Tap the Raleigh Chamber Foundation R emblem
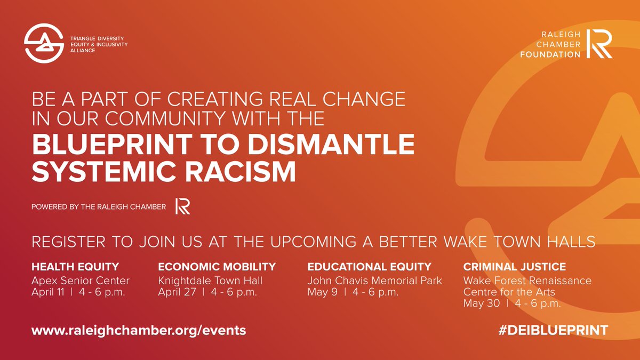pyautogui.click(x=599, y=44)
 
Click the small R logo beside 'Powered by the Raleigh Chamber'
pyautogui.click(x=183, y=206)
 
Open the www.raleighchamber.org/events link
pyautogui.click(x=139, y=330)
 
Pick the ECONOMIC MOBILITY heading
pyautogui.click(x=217, y=267)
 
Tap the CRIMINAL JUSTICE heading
pyautogui.click(x=514, y=267)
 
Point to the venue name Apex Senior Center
pyautogui.click(x=81, y=281)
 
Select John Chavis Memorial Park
pyautogui.click(x=375, y=281)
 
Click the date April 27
pyautogui.click(x=175, y=292)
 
